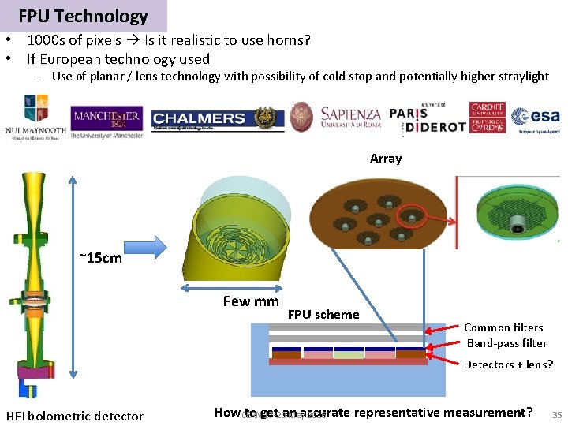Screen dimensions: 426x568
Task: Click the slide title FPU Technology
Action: coord(83,16)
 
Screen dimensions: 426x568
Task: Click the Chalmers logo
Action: coord(199,118)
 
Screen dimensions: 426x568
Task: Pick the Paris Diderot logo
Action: coord(427,118)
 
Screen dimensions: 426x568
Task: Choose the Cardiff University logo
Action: coord(487,118)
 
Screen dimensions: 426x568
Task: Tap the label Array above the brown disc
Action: coord(386,159)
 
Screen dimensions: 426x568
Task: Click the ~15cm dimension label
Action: coord(100,257)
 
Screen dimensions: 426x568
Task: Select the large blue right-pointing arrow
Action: coord(148,247)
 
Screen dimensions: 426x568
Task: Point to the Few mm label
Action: coord(251,301)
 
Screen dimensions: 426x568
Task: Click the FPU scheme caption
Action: coord(323,314)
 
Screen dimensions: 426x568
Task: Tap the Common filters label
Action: coord(503,327)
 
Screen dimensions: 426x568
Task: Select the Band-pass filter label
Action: coord(506,342)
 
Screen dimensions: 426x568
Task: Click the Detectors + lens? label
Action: coord(508,364)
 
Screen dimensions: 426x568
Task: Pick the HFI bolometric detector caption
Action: coord(75,416)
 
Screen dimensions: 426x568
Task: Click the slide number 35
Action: coord(557,415)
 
